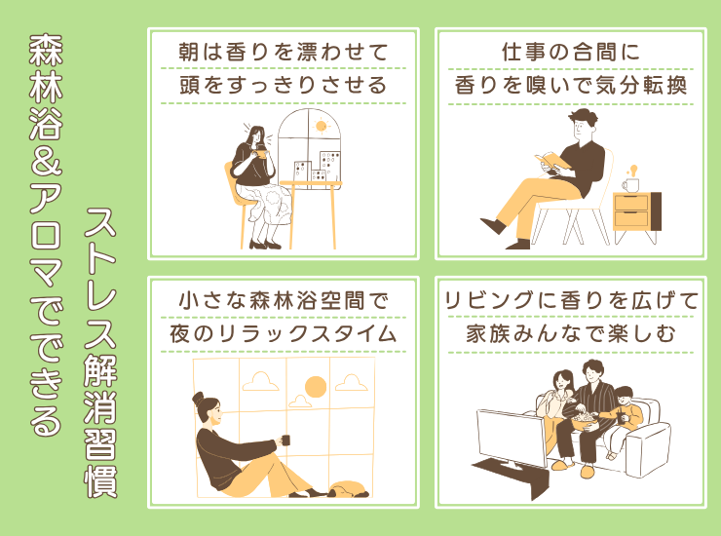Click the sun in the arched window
point(321,126)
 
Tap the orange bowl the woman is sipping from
point(262,153)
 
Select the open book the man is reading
point(551,161)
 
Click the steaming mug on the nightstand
point(631,185)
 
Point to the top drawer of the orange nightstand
point(631,203)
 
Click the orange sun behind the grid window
point(316,387)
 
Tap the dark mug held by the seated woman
point(285,440)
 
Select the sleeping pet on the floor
point(348,489)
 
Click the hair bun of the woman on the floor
point(198,399)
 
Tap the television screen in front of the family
point(512,437)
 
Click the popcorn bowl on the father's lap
point(585,422)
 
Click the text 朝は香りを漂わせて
point(284,52)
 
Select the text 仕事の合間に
point(571,52)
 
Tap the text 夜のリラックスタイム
point(284,333)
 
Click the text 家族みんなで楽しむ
point(571,333)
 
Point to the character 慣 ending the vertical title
point(100,481)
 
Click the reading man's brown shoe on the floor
point(493,225)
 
